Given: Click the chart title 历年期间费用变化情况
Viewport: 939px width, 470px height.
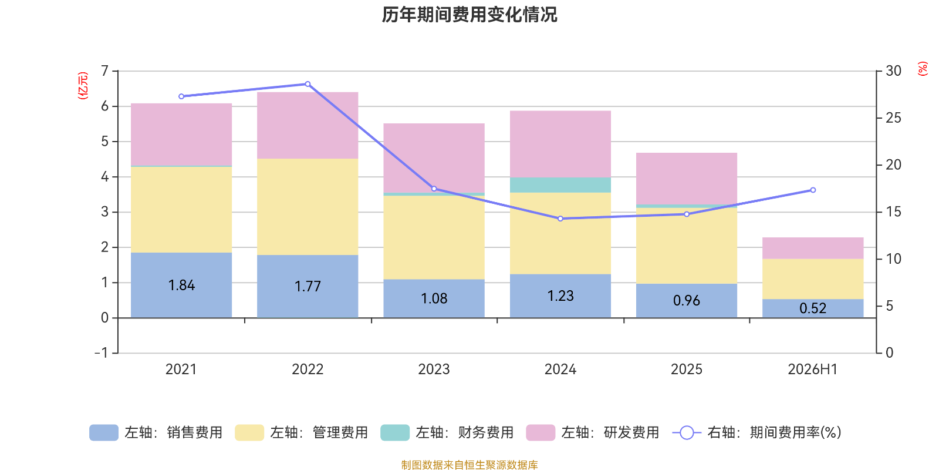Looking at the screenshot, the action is pyautogui.click(x=469, y=15).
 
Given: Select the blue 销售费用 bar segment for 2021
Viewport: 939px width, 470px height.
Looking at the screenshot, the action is pyautogui.click(x=181, y=285).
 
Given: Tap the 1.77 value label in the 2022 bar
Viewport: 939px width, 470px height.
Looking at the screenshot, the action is pyautogui.click(x=308, y=286).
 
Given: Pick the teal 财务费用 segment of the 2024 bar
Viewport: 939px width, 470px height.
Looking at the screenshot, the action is pyautogui.click(x=560, y=185).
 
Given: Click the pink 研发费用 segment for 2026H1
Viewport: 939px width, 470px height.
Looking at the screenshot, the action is pyautogui.click(x=812, y=248).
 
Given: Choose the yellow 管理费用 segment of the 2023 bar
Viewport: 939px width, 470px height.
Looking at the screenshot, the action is pyautogui.click(x=434, y=237).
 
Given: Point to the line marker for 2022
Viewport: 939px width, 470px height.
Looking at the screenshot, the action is pyautogui.click(x=308, y=85).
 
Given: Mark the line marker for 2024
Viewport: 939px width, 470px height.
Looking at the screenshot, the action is pyautogui.click(x=560, y=219).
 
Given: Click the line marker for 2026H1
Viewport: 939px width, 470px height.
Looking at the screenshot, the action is pyautogui.click(x=813, y=190).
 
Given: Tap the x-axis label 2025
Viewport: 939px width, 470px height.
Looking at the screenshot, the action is pyautogui.click(x=686, y=370).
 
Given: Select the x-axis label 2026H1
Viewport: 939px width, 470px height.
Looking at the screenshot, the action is pyautogui.click(x=812, y=370).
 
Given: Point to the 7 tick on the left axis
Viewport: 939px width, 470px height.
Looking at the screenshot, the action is pyautogui.click(x=104, y=71).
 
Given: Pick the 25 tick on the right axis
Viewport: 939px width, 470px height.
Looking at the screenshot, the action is pyautogui.click(x=893, y=118).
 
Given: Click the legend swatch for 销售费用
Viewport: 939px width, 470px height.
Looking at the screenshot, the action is pyautogui.click(x=103, y=432).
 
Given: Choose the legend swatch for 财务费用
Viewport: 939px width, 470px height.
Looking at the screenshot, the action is pyautogui.click(x=395, y=432).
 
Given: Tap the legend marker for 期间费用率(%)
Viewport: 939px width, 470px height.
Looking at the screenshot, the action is pyautogui.click(x=687, y=432).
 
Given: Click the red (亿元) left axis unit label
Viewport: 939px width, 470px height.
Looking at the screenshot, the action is pyautogui.click(x=83, y=86).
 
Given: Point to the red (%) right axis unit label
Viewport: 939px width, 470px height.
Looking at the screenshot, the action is pyautogui.click(x=922, y=68).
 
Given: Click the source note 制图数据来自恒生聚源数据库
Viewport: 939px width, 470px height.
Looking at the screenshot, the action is pyautogui.click(x=469, y=465).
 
